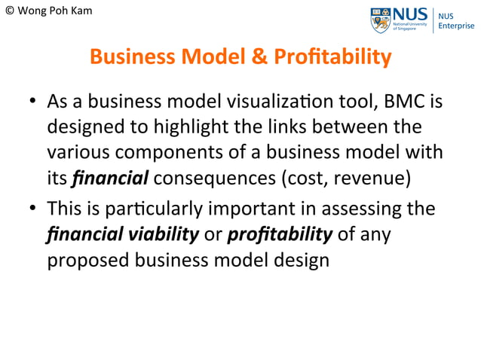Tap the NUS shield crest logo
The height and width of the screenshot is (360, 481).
381,20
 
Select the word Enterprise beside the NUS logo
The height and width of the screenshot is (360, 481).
457,26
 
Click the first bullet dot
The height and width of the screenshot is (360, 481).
33,100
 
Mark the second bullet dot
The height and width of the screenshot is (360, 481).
33,207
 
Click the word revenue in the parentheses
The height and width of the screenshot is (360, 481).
376,178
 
